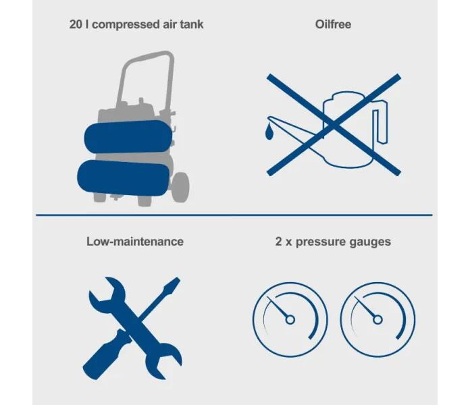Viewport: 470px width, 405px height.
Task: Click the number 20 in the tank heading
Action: point(76,24)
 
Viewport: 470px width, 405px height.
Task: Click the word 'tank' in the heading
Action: point(192,24)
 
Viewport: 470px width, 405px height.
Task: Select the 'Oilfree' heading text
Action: point(333,24)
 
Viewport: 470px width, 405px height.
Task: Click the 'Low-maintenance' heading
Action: point(135,242)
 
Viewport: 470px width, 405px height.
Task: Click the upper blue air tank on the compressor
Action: point(128,137)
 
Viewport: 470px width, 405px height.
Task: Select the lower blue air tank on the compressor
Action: point(124,178)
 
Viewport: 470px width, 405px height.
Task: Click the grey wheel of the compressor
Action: point(180,188)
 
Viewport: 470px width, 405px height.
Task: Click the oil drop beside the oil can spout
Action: point(269,131)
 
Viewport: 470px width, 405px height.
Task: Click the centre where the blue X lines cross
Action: point(334,125)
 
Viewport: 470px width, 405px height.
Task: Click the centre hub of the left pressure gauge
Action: point(290,320)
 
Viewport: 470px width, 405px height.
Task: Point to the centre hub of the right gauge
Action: point(377,320)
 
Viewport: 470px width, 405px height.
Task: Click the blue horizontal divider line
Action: point(234,215)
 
